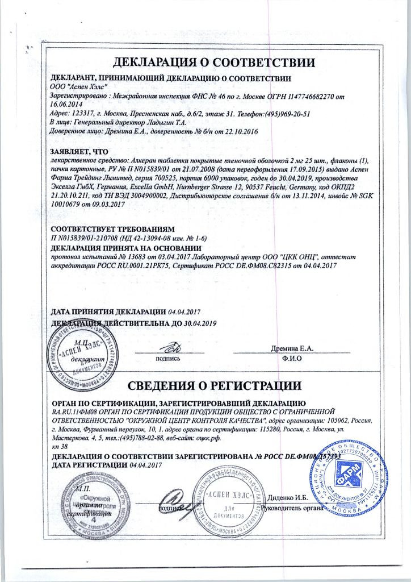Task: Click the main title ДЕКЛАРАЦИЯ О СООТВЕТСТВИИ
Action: (214, 61)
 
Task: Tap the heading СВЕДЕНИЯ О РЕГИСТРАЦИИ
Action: (214, 387)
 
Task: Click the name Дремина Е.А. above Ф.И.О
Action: (291, 348)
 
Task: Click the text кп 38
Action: (60, 447)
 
